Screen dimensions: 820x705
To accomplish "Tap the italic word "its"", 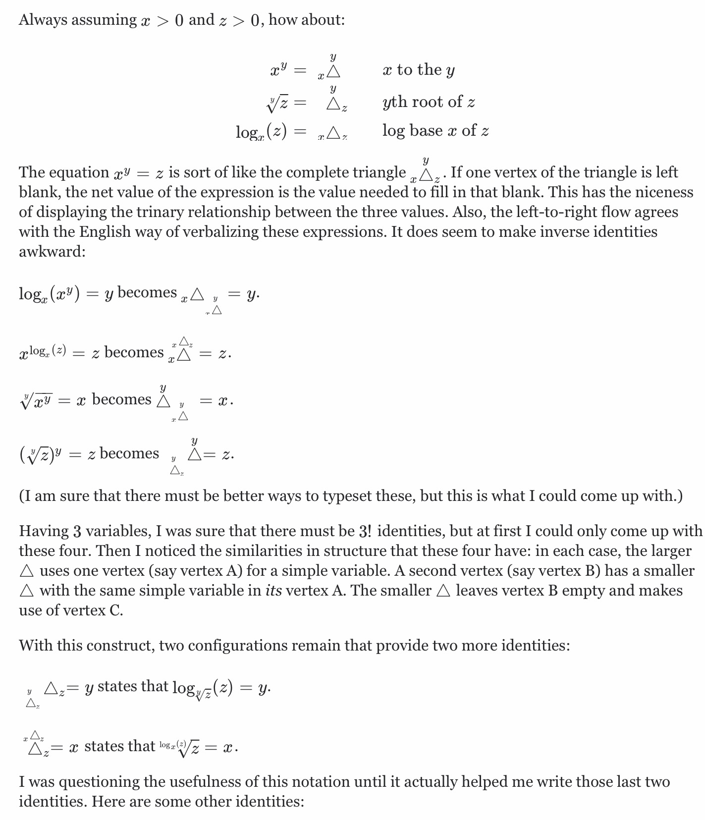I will point(273,591).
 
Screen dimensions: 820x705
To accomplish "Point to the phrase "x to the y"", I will point(419,70).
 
